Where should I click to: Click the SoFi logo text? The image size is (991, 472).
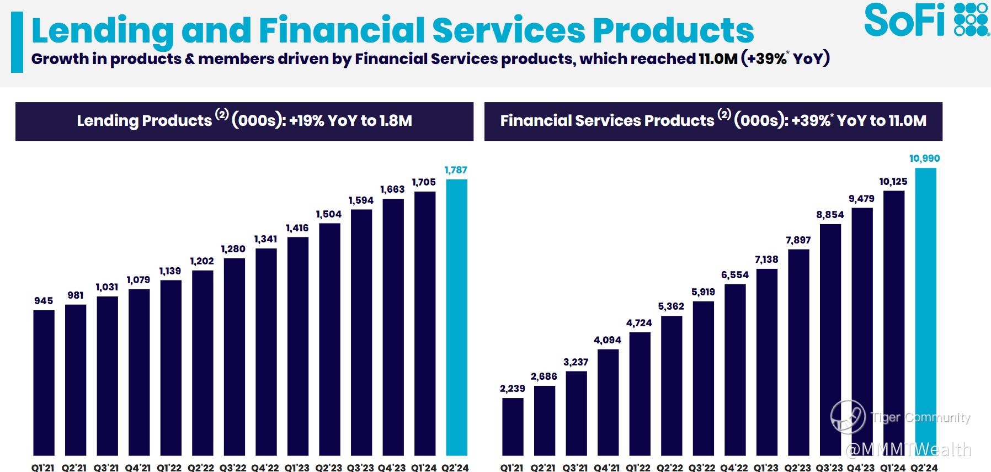[x=904, y=21]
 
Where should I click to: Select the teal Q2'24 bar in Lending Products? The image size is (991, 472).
[x=456, y=317]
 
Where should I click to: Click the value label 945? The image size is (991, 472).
[x=44, y=301]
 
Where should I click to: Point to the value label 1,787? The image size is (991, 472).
[x=456, y=170]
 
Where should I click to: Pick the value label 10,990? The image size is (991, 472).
[x=925, y=158]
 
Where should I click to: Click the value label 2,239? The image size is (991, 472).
[x=513, y=389]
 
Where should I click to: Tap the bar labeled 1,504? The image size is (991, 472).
[x=329, y=340]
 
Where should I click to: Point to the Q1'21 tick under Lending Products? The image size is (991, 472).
[x=43, y=468]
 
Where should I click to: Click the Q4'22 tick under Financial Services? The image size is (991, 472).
[x=734, y=468]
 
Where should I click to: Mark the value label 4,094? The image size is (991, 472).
[x=608, y=340]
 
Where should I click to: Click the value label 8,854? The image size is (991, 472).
[x=830, y=215]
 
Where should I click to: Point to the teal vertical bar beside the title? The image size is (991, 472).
[x=17, y=43]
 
